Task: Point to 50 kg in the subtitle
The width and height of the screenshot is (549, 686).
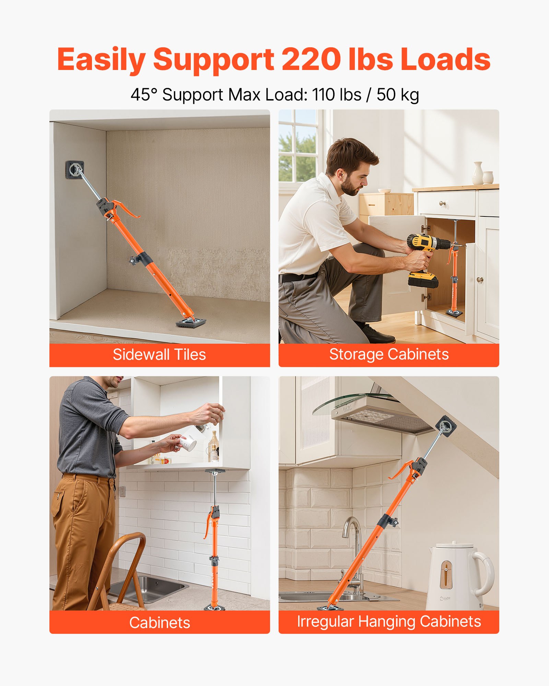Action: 398,95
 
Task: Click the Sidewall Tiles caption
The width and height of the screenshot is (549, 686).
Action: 159,355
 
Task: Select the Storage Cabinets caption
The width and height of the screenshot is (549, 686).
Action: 389,355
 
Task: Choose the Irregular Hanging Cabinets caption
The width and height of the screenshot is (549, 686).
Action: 389,622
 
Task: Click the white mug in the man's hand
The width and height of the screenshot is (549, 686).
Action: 188,442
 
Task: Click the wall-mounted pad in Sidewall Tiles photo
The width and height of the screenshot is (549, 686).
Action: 75,169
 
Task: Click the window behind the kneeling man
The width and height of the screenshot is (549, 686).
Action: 297,146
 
